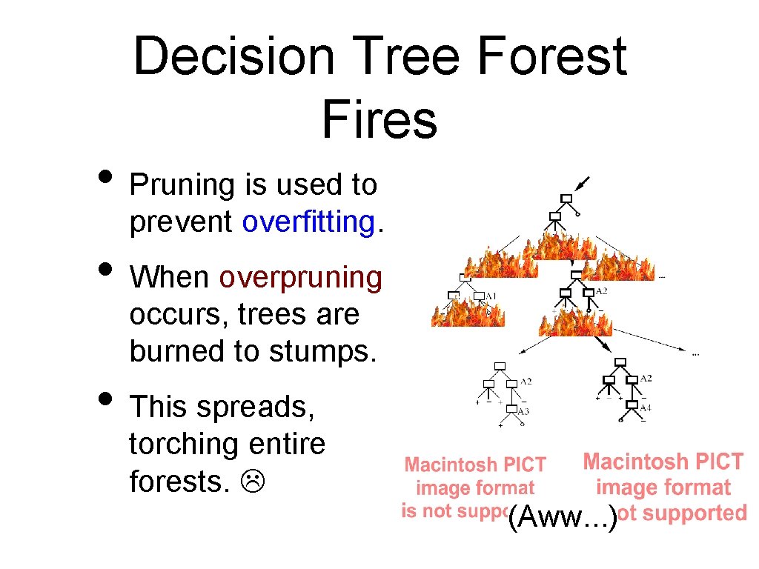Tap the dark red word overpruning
300,277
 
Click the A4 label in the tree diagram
645,407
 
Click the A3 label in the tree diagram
523,411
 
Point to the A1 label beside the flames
491,296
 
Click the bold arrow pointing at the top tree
583,182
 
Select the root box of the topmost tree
566,198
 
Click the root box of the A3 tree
500,366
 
